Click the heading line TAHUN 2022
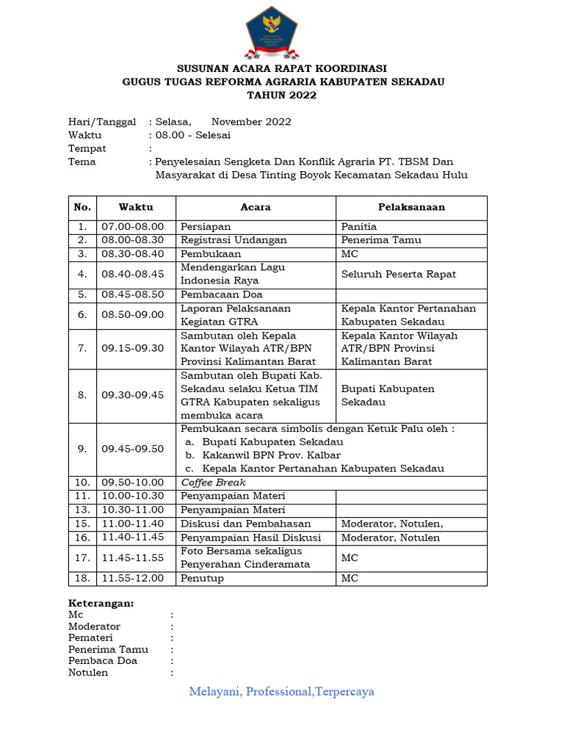(282, 95)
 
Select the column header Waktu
(136, 208)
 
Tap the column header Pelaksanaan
(411, 208)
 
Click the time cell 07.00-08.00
(133, 227)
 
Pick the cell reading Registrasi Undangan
(234, 240)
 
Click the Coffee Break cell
(213, 482)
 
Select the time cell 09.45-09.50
(133, 449)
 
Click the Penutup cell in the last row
(203, 578)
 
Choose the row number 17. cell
(82, 558)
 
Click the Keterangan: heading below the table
(101, 603)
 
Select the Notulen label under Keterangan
(88, 672)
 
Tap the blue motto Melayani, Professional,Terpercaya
(282, 692)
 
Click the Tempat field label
(87, 148)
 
